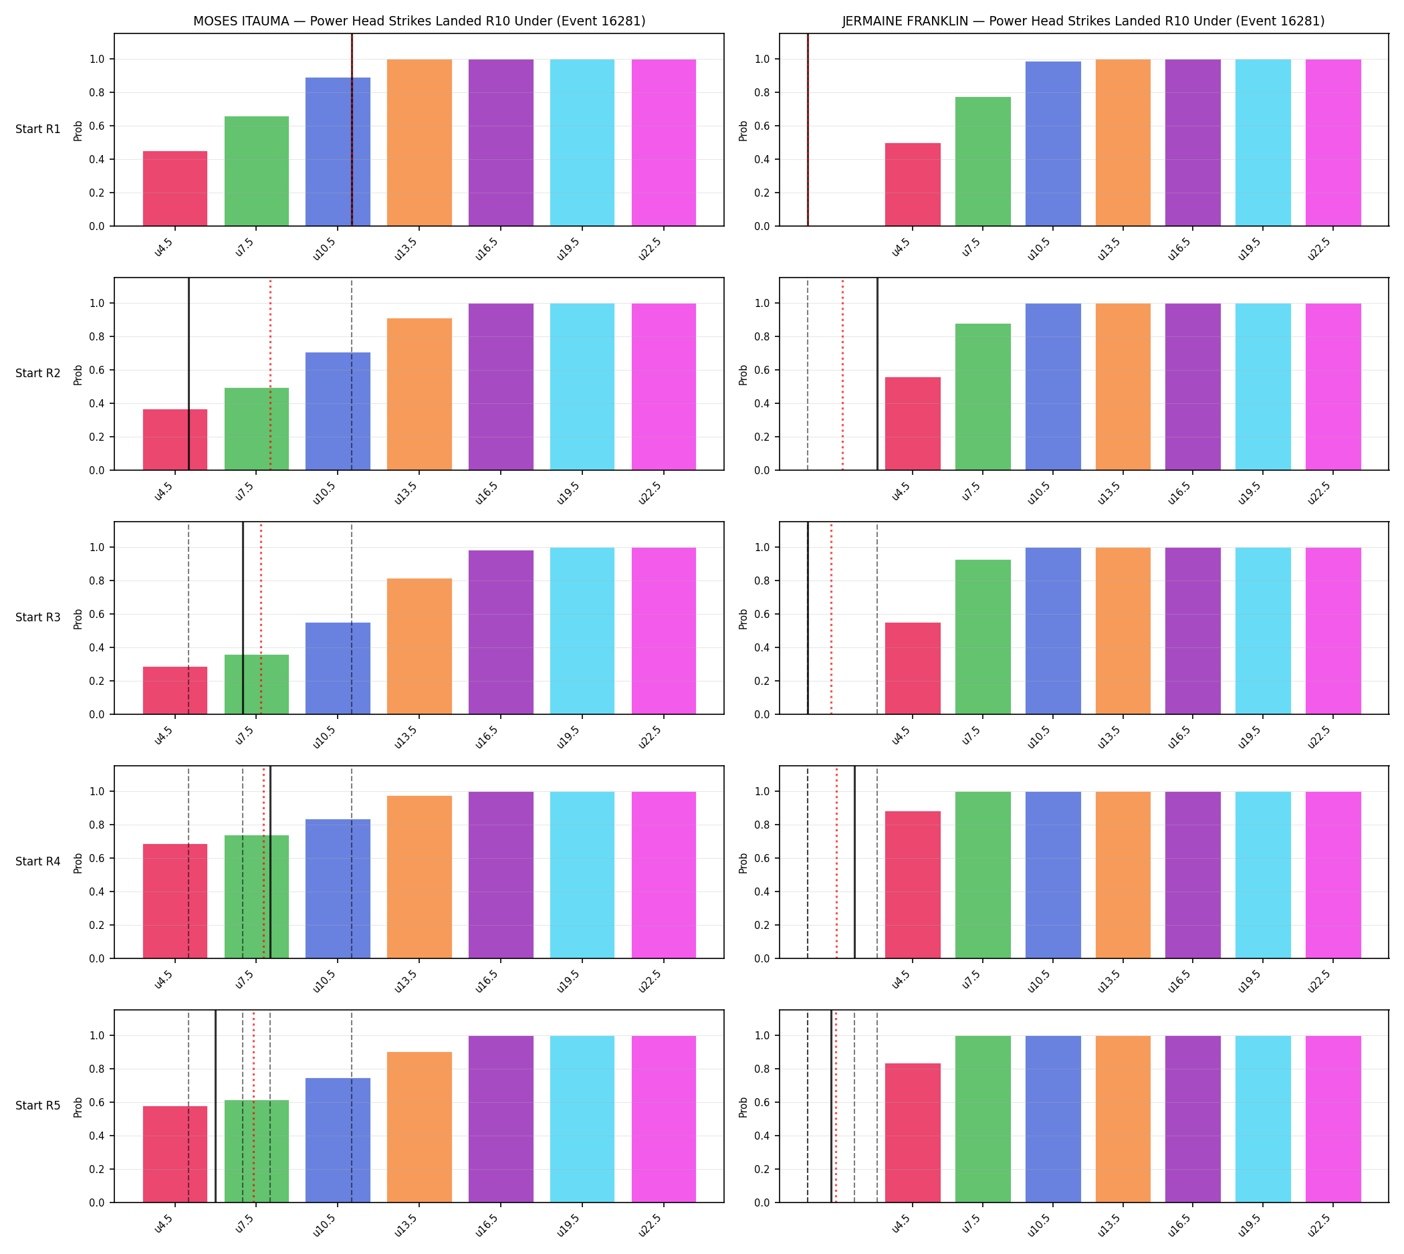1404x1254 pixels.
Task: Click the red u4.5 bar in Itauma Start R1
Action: [175, 188]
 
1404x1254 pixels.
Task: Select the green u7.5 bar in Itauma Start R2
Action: [256, 429]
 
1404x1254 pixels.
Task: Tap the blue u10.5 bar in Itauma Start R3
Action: [338, 668]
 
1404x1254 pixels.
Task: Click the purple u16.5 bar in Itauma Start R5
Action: [501, 1119]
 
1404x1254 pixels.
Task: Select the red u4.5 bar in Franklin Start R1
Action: [913, 185]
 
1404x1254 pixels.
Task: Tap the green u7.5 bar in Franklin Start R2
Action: [983, 397]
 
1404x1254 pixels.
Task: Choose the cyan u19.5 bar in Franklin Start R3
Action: [1263, 631]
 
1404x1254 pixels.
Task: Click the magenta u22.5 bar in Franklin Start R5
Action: [1333, 1119]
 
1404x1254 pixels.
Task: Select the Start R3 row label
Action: [38, 617]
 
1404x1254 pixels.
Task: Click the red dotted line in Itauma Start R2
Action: [270, 374]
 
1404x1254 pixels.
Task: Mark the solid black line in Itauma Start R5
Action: [216, 1107]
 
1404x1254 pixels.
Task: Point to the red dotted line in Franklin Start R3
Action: [831, 618]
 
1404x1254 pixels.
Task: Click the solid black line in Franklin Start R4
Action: [854, 862]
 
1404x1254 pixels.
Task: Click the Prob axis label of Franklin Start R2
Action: [743, 375]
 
